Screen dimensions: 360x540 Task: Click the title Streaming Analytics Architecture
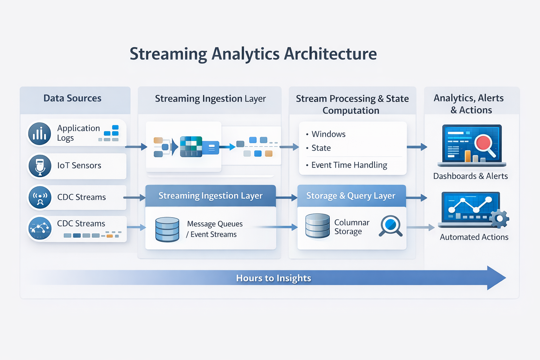click(253, 54)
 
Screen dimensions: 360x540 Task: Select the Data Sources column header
click(72, 98)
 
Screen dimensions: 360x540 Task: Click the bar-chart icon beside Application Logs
click(40, 134)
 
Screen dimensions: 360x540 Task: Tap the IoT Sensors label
click(79, 165)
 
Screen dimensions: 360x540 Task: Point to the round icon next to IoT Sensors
click(40, 166)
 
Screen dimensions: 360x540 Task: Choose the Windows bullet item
click(328, 134)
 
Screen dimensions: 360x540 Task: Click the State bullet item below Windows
click(321, 148)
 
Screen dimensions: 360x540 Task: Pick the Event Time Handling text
click(349, 165)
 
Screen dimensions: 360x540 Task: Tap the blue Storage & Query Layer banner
click(351, 196)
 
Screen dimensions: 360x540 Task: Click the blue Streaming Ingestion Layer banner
click(211, 196)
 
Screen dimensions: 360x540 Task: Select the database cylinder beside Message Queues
click(167, 229)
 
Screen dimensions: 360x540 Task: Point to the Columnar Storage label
click(352, 227)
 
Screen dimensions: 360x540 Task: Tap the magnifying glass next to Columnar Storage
click(391, 225)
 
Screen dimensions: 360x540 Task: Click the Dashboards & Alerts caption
click(470, 176)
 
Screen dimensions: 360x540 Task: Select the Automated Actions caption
click(474, 237)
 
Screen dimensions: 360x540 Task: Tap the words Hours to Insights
click(274, 278)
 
